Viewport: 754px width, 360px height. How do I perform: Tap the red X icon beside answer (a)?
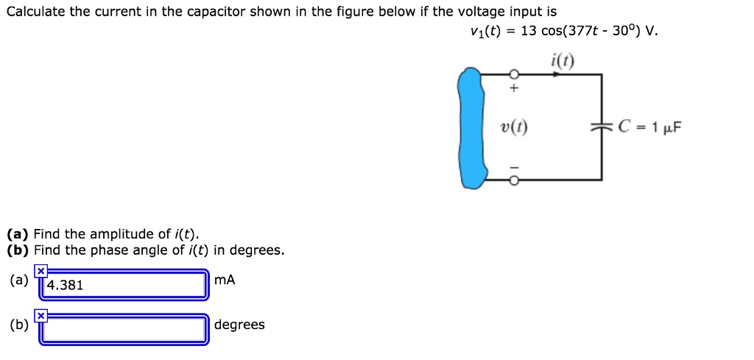click(x=40, y=272)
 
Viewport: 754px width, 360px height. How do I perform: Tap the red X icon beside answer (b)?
click(x=40, y=316)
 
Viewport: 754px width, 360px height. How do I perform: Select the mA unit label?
click(x=225, y=280)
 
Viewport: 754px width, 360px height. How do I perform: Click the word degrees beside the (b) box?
click(x=239, y=325)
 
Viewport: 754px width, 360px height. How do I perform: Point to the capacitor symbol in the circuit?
click(x=602, y=127)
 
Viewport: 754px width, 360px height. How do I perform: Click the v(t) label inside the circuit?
click(x=513, y=128)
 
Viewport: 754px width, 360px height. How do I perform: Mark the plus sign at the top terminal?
click(x=515, y=88)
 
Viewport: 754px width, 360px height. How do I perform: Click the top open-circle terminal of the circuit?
click(x=515, y=74)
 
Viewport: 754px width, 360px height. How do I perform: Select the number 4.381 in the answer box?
click(x=65, y=286)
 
